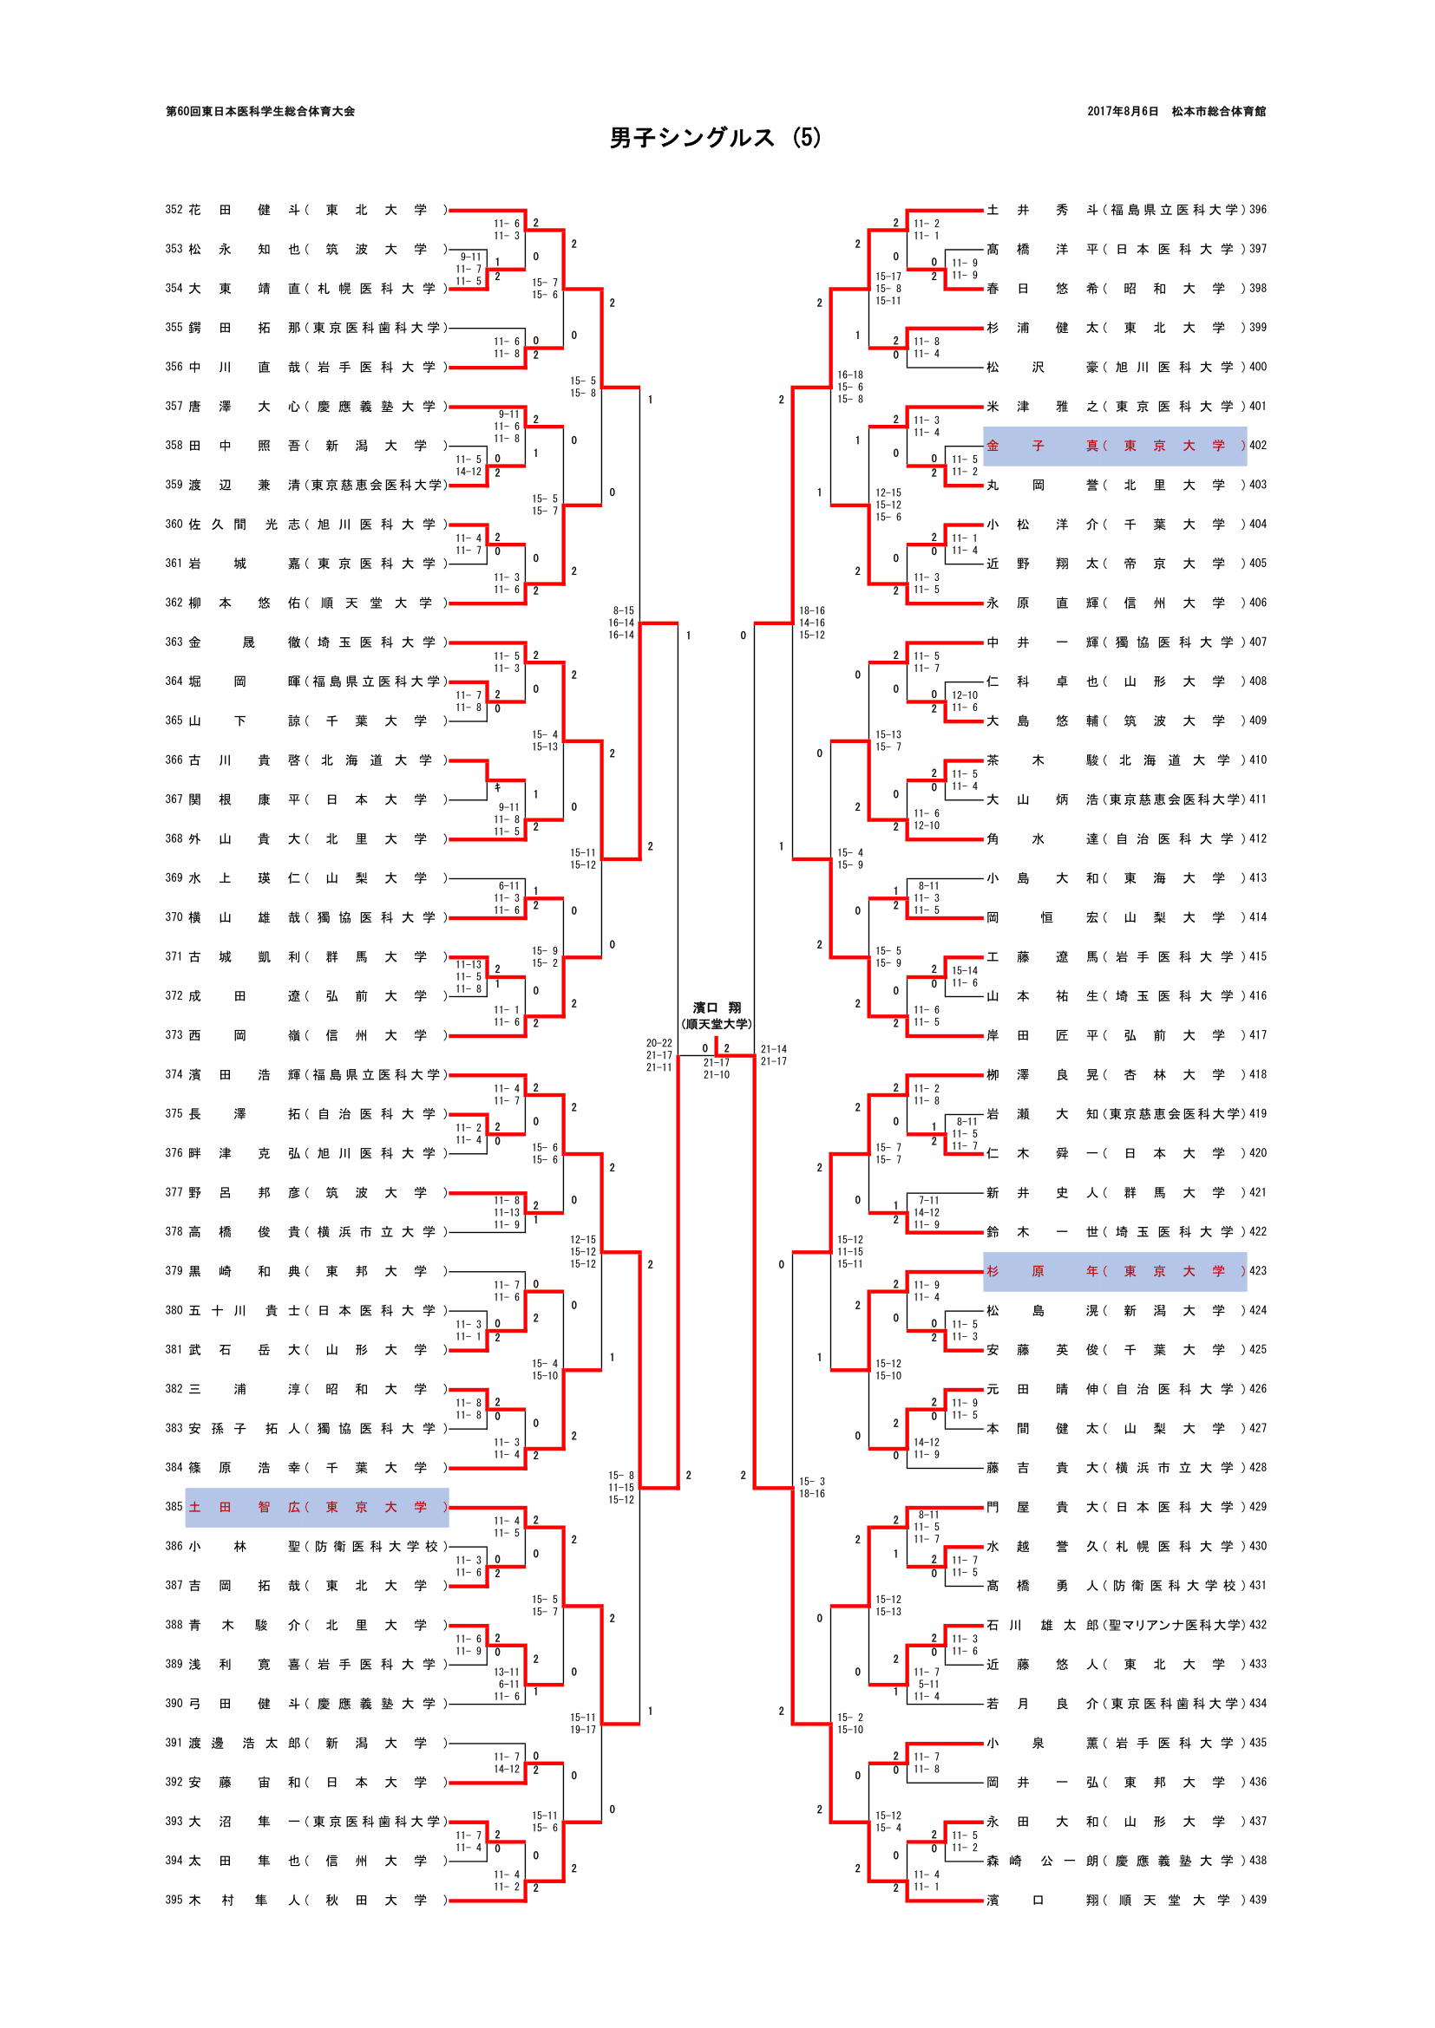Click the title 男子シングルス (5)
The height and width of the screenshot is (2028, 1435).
715,138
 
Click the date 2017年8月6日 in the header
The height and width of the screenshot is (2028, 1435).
1122,111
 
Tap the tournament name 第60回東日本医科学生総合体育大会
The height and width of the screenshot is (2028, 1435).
260,111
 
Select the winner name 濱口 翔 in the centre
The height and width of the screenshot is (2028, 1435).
717,1007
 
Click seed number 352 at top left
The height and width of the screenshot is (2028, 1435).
174,210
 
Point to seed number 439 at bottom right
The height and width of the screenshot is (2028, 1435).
1258,1899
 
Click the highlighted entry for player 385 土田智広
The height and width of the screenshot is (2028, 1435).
317,1507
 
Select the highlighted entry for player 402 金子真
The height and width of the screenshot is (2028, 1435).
1114,446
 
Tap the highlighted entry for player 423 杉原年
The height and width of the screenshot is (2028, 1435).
1114,1271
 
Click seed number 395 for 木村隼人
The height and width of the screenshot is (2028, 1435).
174,1899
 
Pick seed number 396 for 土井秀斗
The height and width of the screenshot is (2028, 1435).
1258,210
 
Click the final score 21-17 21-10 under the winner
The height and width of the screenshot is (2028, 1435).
717,1069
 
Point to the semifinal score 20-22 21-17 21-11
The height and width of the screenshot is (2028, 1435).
659,1055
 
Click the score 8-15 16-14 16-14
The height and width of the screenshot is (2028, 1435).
621,623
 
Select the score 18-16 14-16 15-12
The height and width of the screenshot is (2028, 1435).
812,623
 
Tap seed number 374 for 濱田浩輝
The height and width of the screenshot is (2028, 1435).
174,1074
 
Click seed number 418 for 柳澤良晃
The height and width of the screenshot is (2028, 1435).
1258,1074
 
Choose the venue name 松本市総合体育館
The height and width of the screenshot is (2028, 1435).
1218,111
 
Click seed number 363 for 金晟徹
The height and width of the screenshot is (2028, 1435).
174,642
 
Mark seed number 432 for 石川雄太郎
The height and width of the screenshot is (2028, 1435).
1258,1624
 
